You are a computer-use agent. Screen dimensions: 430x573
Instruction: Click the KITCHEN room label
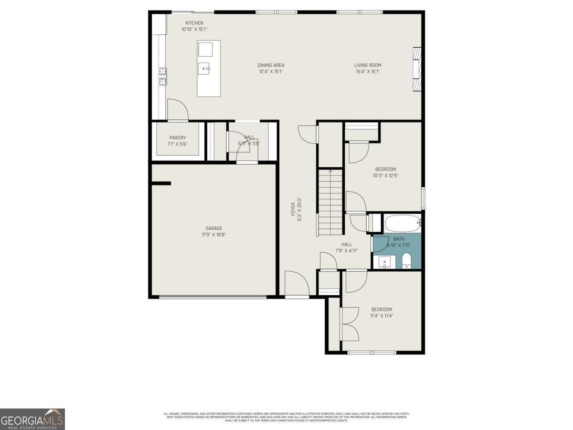194,23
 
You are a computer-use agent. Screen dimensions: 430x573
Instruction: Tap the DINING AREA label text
271,65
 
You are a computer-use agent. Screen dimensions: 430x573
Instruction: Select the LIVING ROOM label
368,65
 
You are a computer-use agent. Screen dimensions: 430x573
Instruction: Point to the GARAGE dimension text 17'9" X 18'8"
213,235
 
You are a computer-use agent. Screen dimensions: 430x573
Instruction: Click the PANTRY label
177,138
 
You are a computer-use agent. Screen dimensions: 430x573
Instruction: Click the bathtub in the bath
402,223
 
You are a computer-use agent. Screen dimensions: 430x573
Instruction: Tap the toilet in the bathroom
406,261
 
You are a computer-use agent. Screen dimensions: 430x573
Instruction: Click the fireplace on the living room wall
417,68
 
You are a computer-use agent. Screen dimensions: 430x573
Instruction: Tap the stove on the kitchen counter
163,76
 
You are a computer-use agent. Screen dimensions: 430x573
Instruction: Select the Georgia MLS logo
32,419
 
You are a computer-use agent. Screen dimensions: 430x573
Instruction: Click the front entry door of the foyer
297,285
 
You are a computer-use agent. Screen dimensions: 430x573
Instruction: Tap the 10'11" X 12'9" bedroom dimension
385,175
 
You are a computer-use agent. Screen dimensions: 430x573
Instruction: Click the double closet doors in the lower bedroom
349,323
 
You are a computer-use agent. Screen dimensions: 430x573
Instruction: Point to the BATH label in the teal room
399,239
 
